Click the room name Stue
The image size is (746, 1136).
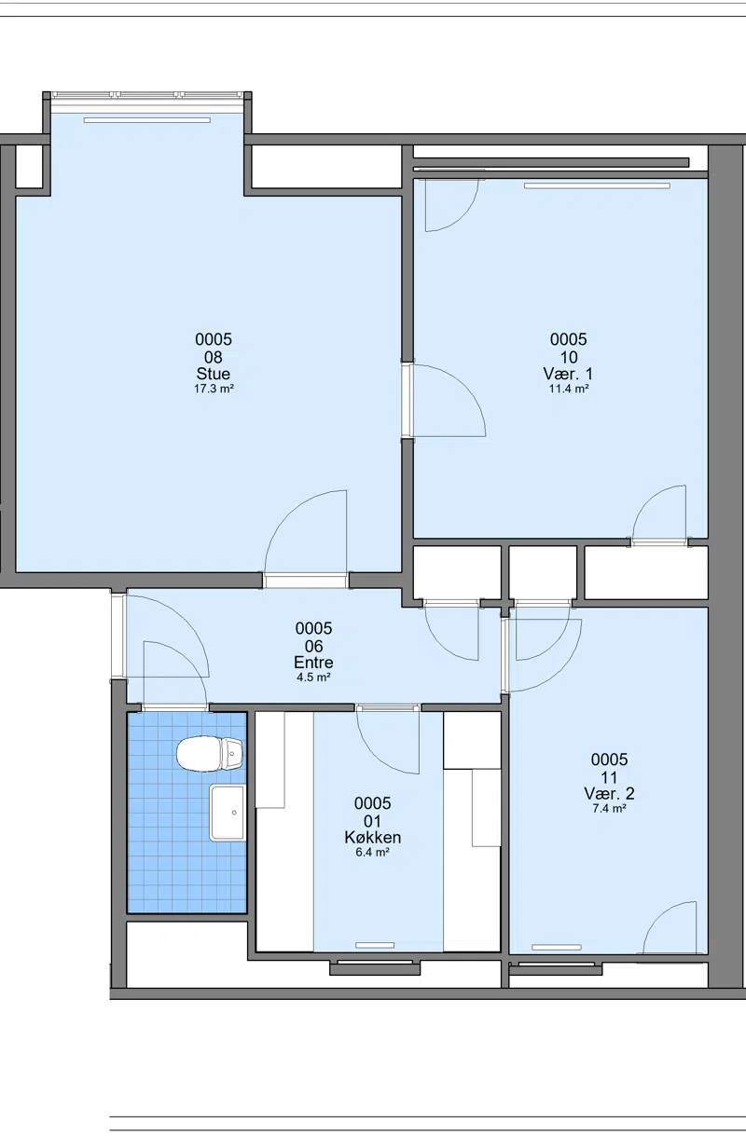tap(214, 374)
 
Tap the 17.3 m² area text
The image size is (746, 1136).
tap(214, 389)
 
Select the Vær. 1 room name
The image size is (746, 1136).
tap(568, 374)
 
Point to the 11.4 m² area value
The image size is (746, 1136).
tap(569, 389)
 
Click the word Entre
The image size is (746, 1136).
tap(313, 663)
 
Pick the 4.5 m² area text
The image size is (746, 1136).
tap(313, 677)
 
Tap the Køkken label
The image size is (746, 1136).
tap(372, 837)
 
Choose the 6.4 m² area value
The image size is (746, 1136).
tap(372, 852)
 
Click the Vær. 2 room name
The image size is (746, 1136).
tap(609, 794)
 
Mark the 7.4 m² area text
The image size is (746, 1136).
tap(609, 808)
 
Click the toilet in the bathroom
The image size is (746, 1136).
tap(210, 754)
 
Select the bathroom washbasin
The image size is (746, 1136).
tap(228, 813)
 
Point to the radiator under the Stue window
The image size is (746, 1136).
tap(146, 120)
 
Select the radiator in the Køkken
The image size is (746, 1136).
tap(375, 945)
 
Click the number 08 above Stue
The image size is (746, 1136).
tap(214, 357)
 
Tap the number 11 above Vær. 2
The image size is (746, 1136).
tap(609, 777)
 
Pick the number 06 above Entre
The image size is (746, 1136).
tap(313, 646)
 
